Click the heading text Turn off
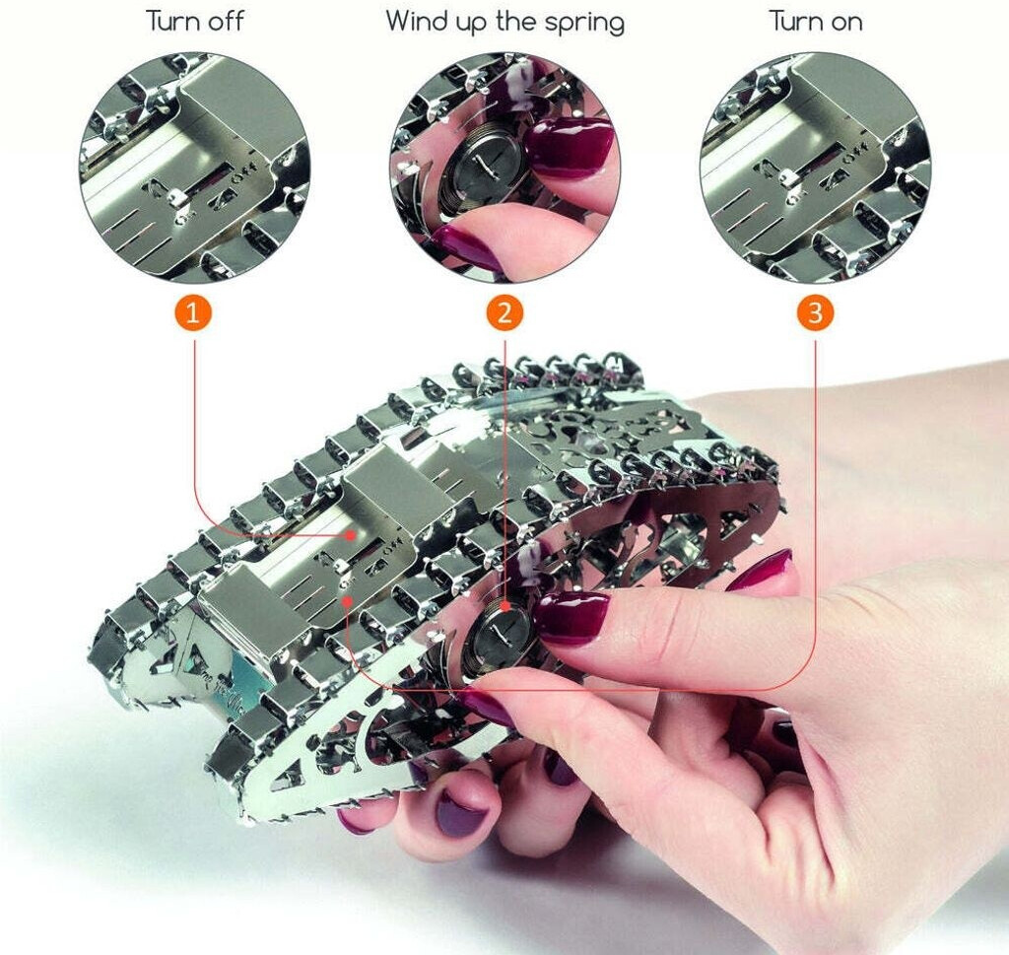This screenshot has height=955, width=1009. tap(194, 22)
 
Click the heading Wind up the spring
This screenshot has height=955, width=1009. tap(505, 23)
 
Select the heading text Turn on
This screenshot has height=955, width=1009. tap(815, 22)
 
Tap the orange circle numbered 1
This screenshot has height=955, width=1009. tap(194, 313)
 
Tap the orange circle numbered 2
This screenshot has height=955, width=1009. tap(504, 313)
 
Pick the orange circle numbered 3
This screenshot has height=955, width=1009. tap(815, 313)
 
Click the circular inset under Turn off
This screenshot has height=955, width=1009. tap(194, 168)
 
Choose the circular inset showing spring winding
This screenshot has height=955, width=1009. tap(504, 168)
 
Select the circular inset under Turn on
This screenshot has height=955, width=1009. tap(815, 168)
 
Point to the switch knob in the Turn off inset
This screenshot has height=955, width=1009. tap(177, 195)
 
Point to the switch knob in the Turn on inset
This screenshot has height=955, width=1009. tap(785, 176)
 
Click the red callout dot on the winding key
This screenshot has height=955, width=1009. tap(505, 606)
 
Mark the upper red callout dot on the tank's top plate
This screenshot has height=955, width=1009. tap(350, 535)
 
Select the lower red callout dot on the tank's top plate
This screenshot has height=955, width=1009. tap(347, 600)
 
